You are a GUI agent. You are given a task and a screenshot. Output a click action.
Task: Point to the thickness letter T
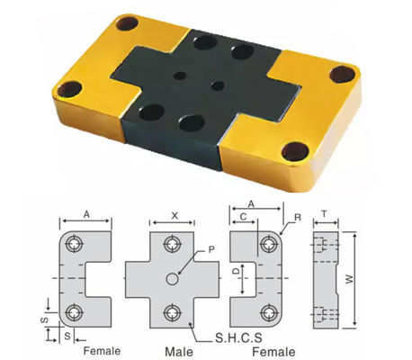coord(326,217)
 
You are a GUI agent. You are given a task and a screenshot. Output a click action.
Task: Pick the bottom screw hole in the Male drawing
coord(171,312)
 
